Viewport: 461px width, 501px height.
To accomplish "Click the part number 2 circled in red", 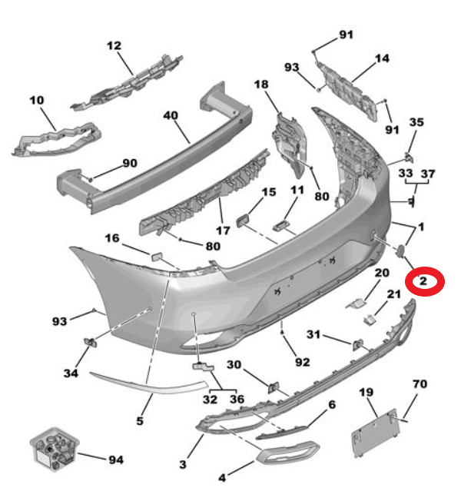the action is [x=423, y=281].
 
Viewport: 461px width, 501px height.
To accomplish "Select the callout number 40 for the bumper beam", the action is [x=171, y=115].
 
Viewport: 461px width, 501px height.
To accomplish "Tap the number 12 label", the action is [x=114, y=45].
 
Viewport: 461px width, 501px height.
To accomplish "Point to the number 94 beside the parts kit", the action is [x=116, y=460].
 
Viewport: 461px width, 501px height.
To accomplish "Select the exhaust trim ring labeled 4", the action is [x=287, y=452].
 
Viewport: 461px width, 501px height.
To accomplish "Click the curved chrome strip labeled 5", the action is [x=149, y=383].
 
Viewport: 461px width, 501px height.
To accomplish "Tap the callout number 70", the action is [x=420, y=384].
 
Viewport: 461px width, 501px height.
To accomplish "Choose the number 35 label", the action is [x=416, y=122].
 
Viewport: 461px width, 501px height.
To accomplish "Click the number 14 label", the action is [x=382, y=58].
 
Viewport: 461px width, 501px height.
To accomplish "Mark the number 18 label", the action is [x=261, y=85].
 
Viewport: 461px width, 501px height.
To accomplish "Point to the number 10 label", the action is [x=37, y=101].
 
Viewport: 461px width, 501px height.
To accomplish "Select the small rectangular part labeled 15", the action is [x=243, y=221].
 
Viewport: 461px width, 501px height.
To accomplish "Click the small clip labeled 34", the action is [x=91, y=342].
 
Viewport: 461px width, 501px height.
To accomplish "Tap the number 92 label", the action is [x=302, y=363].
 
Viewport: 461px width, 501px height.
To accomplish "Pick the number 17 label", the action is [x=223, y=231].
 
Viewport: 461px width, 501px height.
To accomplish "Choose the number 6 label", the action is [x=332, y=405].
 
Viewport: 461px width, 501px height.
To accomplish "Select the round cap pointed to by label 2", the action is [x=400, y=250].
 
